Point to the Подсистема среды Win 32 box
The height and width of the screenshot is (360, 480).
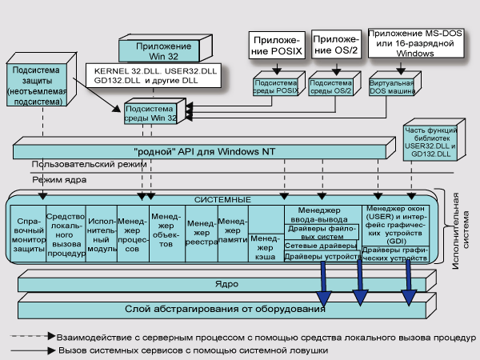[153, 114]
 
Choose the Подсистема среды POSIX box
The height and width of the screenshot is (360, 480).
[275, 86]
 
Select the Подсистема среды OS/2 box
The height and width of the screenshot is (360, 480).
[330, 86]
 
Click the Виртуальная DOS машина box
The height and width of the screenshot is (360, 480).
[391, 86]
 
